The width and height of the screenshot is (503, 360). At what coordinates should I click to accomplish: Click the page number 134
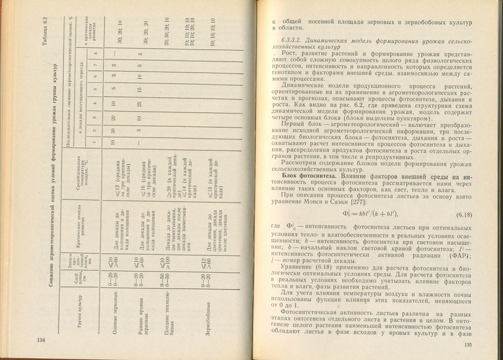40,340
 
